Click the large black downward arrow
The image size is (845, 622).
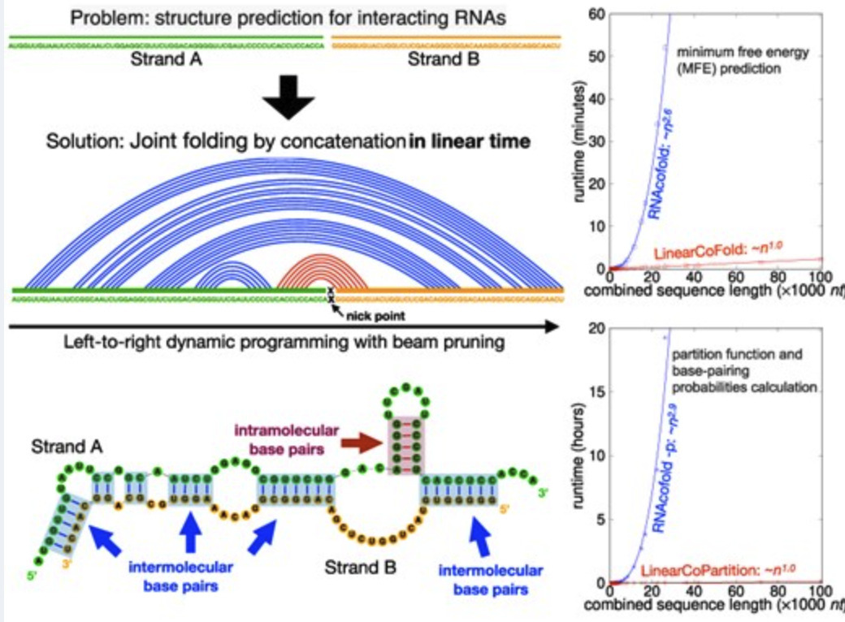click(288, 99)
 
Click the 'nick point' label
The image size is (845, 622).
click(363, 309)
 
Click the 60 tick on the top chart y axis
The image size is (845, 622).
click(597, 13)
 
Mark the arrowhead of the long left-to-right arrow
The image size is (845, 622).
click(552, 327)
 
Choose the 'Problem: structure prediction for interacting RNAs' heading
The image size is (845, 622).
click(288, 17)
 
